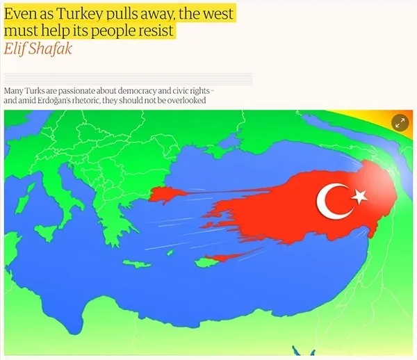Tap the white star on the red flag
pyautogui.click(x=359, y=197)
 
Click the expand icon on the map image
pyautogui.click(x=400, y=123)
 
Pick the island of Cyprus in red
pyautogui.click(x=221, y=258)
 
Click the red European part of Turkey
pyautogui.click(x=165, y=194)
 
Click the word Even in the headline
pyautogui.click(x=19, y=13)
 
